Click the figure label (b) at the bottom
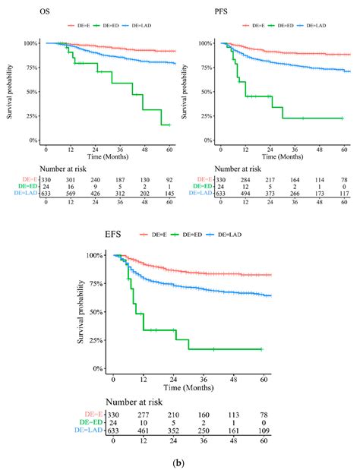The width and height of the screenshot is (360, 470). (180, 459)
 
